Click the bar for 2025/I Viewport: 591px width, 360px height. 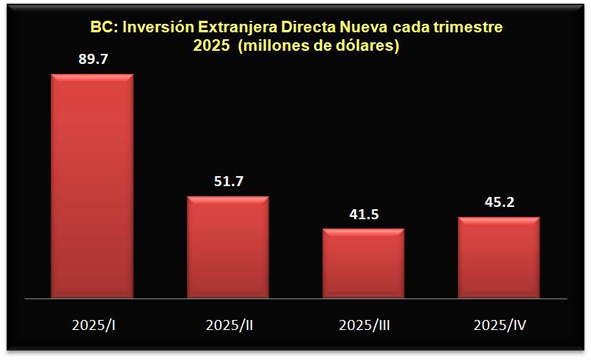(x=92, y=185)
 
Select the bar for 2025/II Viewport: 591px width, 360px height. (x=229, y=246)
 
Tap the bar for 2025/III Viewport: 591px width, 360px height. (x=363, y=262)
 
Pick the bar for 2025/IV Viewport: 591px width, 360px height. (x=499, y=257)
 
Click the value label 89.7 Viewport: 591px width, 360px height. (x=92, y=58)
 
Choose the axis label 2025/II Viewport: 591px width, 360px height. (x=229, y=325)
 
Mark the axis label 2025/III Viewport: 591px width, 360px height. (x=364, y=325)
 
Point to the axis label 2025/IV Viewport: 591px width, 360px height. (x=499, y=325)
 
